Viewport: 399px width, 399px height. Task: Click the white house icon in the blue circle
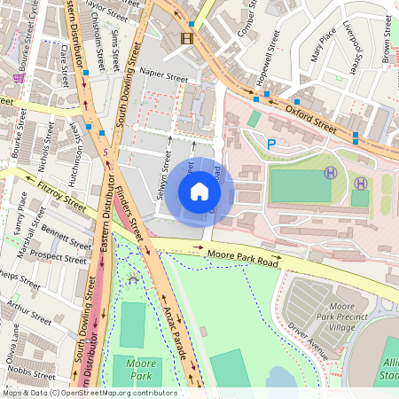pyautogui.click(x=199, y=192)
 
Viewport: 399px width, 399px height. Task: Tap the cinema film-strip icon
pyautogui.click(x=186, y=37)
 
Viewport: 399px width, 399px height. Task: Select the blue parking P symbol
pyautogui.click(x=271, y=143)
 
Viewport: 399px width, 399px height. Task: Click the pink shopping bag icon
pyautogui.click(x=19, y=78)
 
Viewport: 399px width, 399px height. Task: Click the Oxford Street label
pyautogui.click(x=310, y=118)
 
